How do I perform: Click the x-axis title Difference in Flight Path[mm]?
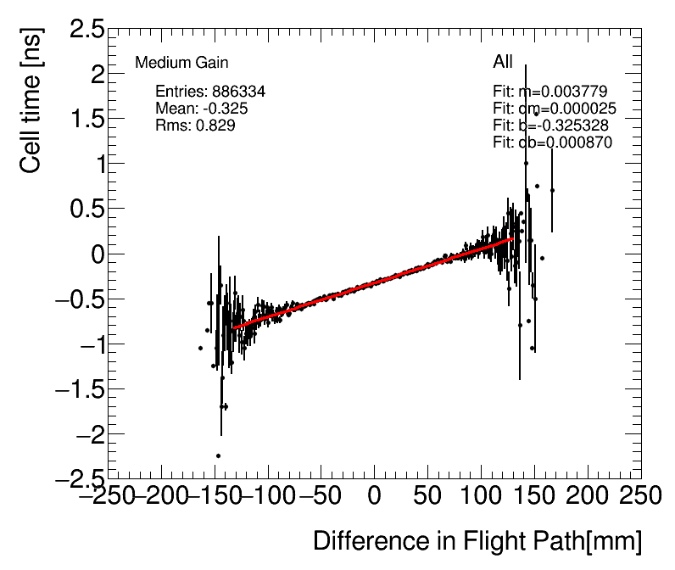point(477,540)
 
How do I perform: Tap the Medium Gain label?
point(181,63)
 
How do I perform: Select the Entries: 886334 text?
point(211,92)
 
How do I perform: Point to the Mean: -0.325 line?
point(202,109)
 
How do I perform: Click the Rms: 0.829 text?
point(195,126)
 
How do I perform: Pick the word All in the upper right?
point(503,63)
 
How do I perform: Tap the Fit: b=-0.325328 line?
point(550,126)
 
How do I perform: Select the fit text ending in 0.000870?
point(552,142)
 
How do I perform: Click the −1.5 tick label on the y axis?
point(81,390)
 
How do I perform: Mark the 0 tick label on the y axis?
point(97,254)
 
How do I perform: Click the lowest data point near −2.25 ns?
point(218,455)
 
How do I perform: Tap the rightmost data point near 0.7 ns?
point(552,191)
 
